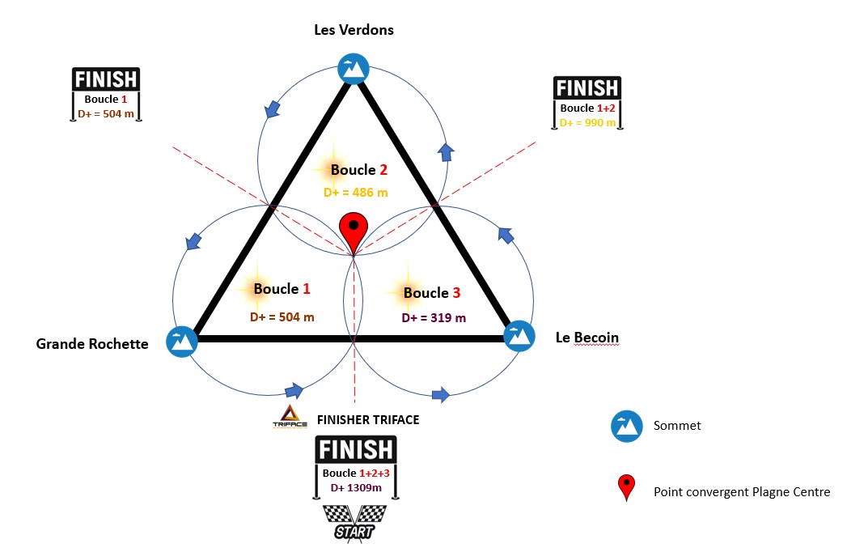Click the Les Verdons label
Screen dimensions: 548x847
(354, 31)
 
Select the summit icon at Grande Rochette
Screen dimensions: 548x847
(181, 341)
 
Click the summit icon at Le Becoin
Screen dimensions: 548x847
(519, 336)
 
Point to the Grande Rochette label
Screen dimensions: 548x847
(92, 344)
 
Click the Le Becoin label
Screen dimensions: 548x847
(587, 337)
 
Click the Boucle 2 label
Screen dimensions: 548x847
(358, 170)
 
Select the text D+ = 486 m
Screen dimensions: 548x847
(355, 193)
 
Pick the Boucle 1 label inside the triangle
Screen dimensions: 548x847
(282, 288)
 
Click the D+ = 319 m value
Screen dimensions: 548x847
(434, 318)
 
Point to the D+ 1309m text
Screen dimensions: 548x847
(356, 487)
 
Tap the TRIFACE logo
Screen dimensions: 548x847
(289, 418)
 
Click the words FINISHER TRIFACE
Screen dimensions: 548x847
(368, 420)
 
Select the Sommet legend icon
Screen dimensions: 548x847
(625, 426)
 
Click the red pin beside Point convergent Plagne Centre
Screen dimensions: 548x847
(626, 487)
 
